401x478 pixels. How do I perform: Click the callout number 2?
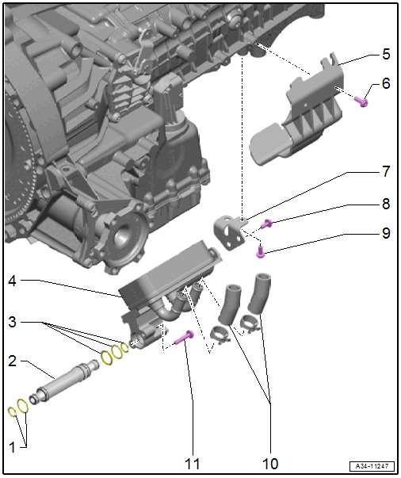[12, 361]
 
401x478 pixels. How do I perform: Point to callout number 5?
[385, 54]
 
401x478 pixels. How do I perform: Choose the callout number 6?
[385, 83]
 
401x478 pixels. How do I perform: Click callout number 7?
[385, 172]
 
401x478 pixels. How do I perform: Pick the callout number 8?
[385, 203]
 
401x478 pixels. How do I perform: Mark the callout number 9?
[385, 234]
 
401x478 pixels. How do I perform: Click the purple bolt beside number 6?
[364, 100]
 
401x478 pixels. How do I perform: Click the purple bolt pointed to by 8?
[268, 224]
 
